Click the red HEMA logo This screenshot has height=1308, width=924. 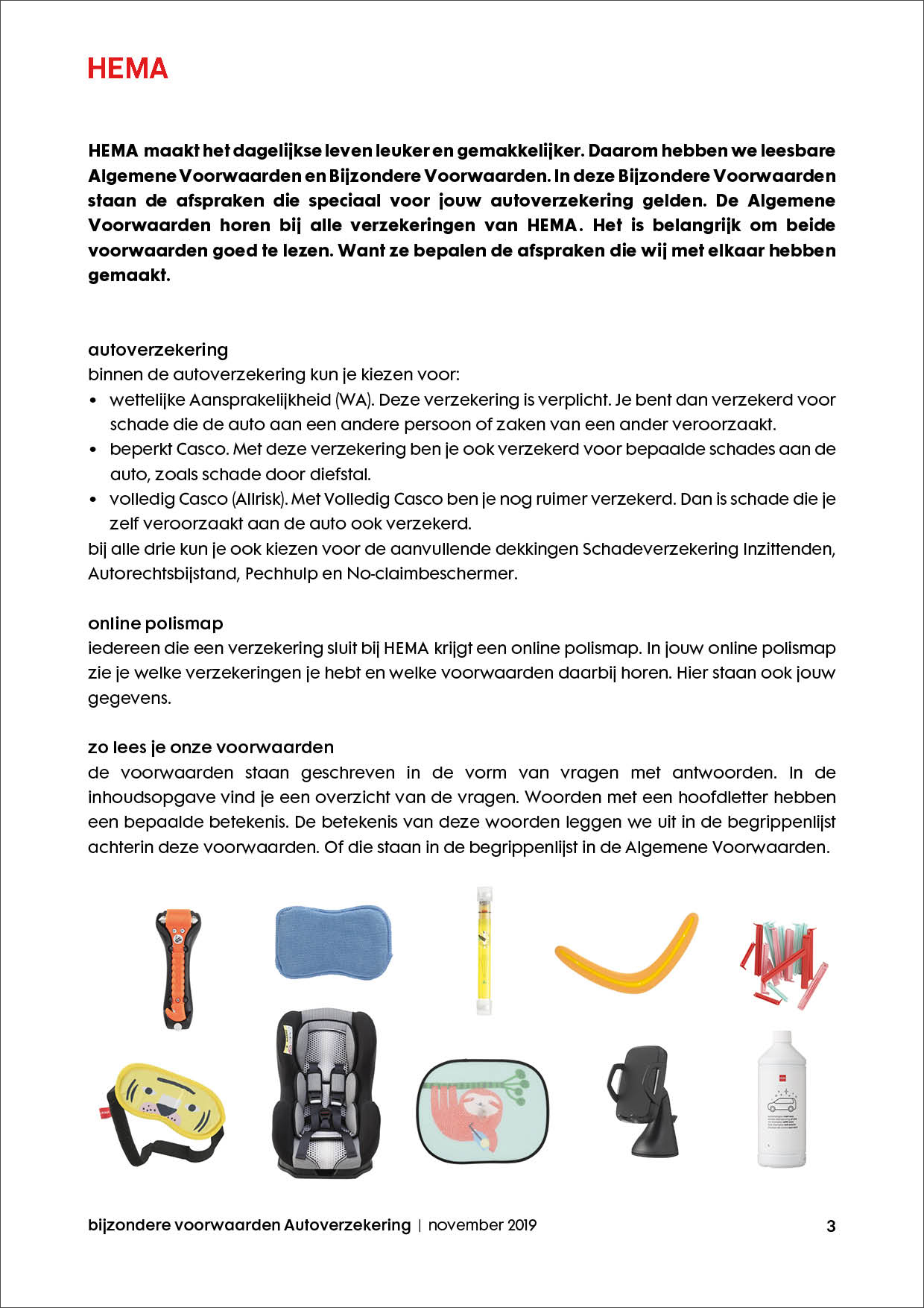(127, 69)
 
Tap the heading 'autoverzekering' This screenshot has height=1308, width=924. (158, 350)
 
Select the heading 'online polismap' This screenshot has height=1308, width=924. (155, 623)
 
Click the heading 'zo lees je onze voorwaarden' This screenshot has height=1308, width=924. (211, 747)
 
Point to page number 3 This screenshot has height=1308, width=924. (831, 1226)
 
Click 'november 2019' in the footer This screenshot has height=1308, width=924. (482, 1225)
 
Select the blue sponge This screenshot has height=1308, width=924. (333, 941)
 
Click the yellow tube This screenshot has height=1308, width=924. (485, 950)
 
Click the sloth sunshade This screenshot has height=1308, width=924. (482, 1110)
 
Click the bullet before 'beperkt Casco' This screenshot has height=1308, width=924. (93, 450)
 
